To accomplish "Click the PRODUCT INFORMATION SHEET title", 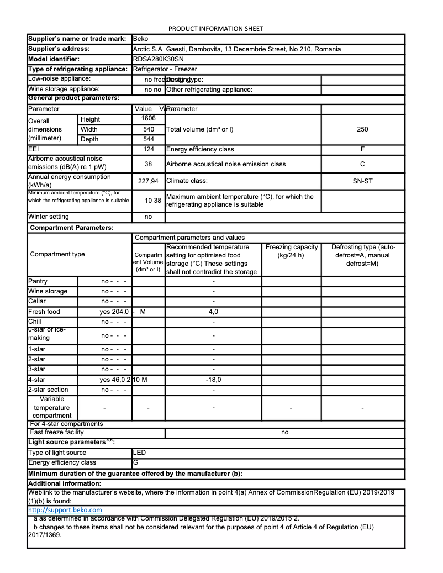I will coord(215,29).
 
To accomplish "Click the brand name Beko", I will coord(140,39).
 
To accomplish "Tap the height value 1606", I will coord(149,118).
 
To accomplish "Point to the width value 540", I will coord(149,129).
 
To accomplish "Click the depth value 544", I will coord(149,139).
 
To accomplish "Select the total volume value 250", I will coord(362,129).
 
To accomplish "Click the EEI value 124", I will coord(149,149).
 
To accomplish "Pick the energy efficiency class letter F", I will coord(362,149).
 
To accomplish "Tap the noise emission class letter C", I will coord(362,164).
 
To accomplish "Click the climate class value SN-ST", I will coord(362,181).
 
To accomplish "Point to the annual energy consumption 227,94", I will coord(148,181).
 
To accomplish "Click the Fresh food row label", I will coord(44,312).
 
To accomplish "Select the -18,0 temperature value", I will coord(213,380).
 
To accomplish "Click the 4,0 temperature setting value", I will coord(213,312).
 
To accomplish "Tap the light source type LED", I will coord(139,453).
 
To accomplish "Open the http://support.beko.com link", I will coord(65,510).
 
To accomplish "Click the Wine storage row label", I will coord(48,291).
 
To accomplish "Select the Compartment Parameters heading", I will coord(71,228).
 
